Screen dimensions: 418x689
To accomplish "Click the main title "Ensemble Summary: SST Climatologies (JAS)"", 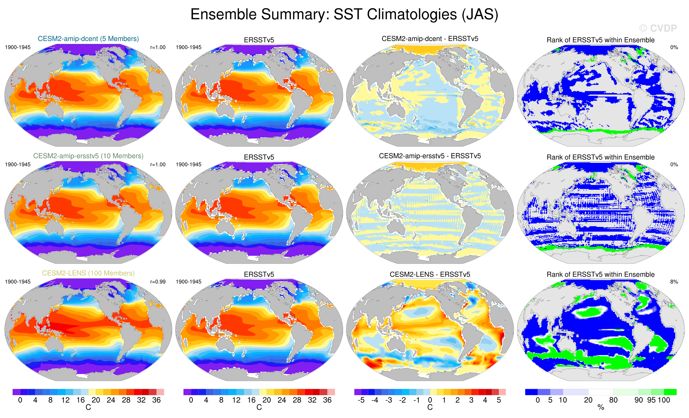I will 344,15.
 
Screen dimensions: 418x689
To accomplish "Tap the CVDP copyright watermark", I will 658,28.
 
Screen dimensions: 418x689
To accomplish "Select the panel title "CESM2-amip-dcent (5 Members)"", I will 88,39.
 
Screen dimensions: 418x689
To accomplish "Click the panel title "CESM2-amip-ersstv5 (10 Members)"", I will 88,156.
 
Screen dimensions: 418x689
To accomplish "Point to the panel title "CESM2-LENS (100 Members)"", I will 88,273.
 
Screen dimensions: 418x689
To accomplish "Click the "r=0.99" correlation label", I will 158,282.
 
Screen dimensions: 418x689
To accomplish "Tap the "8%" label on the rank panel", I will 674,282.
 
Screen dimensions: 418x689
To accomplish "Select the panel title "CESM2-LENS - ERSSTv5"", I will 430,275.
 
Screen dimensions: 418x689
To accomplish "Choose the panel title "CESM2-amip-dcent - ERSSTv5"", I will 430,39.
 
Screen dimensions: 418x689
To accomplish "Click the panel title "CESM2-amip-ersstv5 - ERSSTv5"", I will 430,156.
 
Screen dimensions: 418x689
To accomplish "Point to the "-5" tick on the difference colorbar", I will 361,400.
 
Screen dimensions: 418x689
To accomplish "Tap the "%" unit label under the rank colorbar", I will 601,408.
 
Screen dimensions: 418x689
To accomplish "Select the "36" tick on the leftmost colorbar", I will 156,400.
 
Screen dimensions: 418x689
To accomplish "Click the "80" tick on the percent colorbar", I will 613,400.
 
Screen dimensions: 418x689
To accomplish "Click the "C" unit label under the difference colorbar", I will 430,407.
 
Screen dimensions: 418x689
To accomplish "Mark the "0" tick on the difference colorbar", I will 430,400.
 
